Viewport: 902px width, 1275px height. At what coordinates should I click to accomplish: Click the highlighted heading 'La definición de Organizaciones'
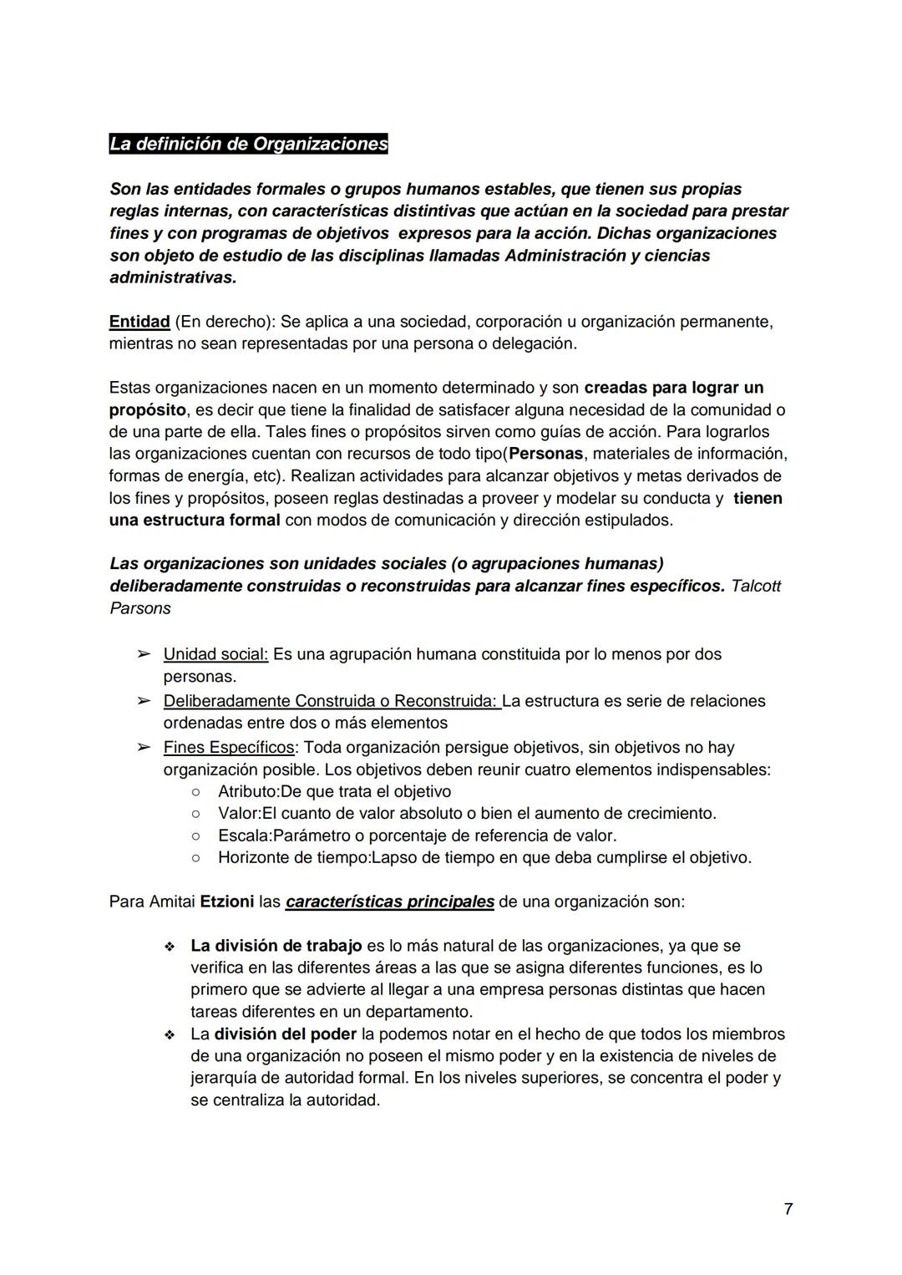[248, 145]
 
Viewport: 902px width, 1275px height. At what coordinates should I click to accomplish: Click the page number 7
[788, 1209]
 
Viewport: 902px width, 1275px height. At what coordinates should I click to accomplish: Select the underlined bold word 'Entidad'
[139, 322]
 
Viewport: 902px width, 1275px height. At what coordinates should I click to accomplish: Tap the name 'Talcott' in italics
[755, 586]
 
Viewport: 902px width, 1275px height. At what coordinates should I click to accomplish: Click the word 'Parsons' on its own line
[139, 608]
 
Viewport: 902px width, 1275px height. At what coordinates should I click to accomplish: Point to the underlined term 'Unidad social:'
[215, 654]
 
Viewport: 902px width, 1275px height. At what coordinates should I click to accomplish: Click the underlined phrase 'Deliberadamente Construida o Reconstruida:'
[331, 701]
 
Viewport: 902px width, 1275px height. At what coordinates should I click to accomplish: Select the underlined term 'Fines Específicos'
[228, 747]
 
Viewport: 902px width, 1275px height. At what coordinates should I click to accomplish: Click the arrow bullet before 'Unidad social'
[144, 654]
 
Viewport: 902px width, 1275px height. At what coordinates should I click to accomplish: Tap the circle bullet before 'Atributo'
[195, 791]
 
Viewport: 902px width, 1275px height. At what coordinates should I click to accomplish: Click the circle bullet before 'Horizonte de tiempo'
[195, 857]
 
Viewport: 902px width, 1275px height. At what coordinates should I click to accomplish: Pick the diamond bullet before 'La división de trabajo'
[170, 947]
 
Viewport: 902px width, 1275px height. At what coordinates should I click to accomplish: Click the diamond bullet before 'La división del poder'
[170, 1035]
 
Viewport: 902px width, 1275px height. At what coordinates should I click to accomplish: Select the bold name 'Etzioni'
[227, 902]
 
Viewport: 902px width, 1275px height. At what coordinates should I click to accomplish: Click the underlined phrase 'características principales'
[389, 902]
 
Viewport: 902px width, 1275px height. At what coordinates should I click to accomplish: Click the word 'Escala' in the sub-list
[244, 836]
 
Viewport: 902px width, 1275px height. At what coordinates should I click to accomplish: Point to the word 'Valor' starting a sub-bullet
[238, 813]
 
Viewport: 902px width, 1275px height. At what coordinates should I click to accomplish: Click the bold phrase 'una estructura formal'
[195, 521]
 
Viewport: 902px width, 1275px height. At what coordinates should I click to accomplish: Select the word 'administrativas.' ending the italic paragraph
[173, 277]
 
